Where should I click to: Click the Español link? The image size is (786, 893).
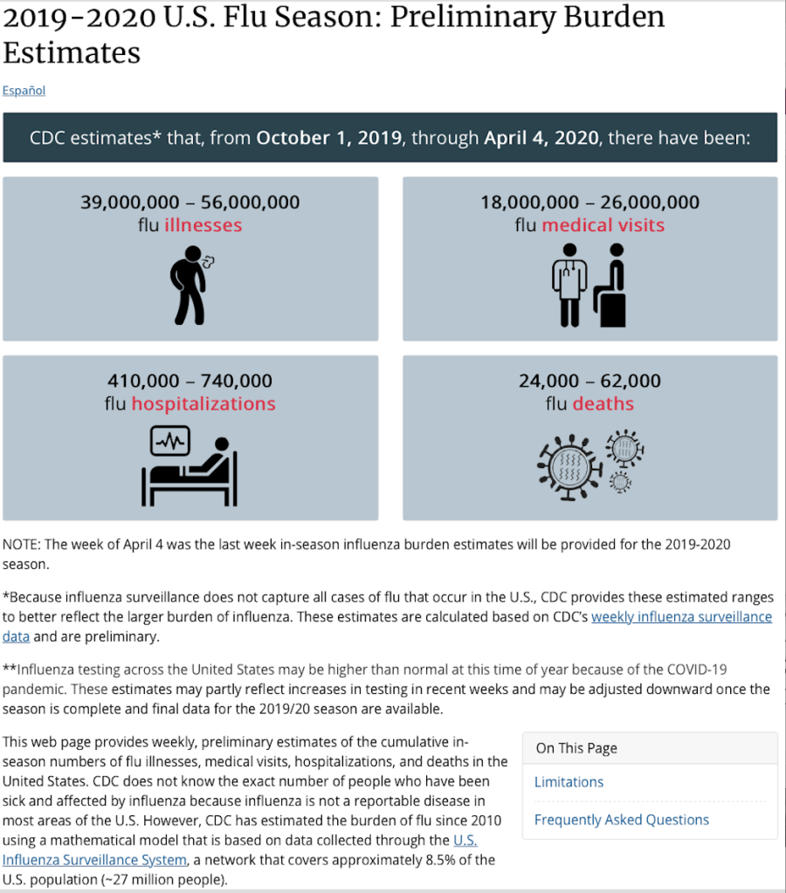(24, 91)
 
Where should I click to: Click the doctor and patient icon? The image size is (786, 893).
(589, 285)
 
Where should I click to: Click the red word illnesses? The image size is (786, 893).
(203, 225)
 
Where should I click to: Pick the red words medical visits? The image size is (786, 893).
(603, 225)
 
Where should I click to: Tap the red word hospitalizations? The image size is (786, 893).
(203, 404)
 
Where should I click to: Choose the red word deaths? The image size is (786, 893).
(603, 404)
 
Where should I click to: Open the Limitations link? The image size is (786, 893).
(569, 782)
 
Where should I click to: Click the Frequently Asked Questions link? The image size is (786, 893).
(621, 820)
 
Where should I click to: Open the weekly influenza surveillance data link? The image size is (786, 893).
(681, 617)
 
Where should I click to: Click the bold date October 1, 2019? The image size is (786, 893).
(329, 138)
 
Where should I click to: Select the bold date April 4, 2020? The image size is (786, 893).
(541, 138)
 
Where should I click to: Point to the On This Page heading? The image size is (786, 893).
(576, 748)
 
